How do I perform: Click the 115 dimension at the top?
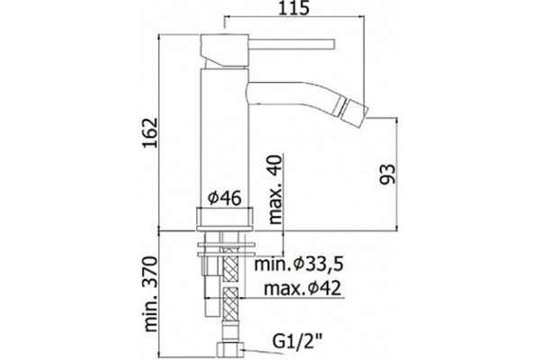pos(293,8)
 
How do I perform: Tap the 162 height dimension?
pos(150,132)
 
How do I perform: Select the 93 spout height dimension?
pos(388,174)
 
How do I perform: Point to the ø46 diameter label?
pos(225,198)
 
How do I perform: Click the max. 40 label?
pos(275,189)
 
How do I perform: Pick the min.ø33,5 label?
pos(299,265)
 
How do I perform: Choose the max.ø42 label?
pos(302,288)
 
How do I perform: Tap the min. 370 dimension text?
pos(150,294)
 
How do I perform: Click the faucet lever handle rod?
pos(292,44)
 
